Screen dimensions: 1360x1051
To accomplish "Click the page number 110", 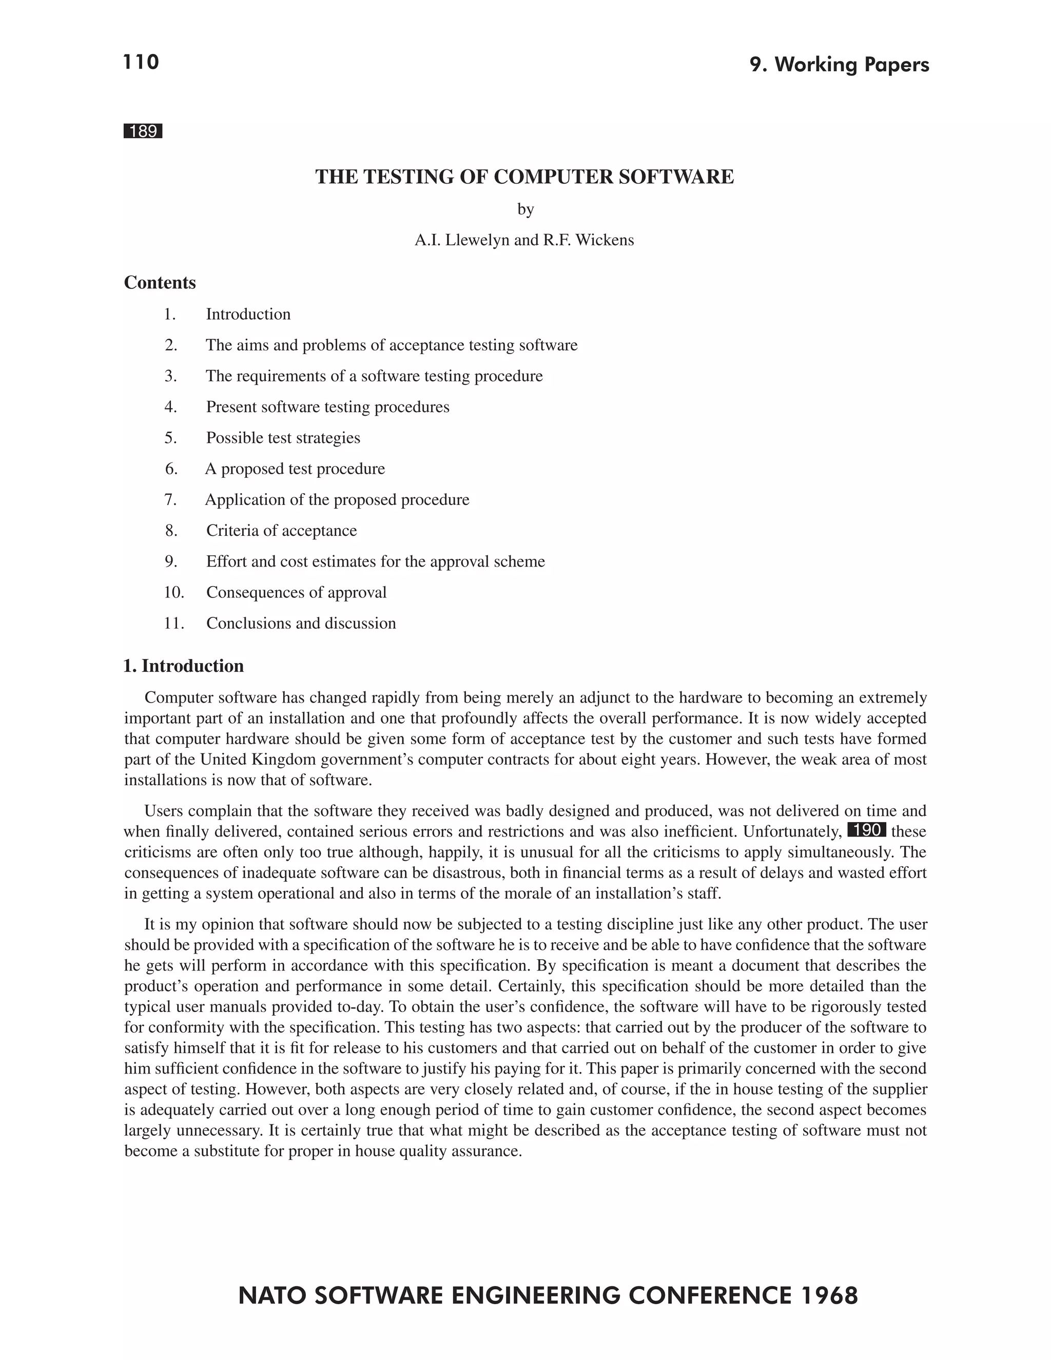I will click(x=141, y=62).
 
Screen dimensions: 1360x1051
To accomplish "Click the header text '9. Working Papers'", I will click(x=839, y=65).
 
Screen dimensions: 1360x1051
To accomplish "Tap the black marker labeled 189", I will click(x=143, y=131).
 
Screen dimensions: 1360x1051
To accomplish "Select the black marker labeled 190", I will click(x=867, y=830).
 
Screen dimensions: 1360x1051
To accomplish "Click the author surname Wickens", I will click(x=605, y=240).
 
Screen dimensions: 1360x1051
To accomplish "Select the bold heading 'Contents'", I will click(x=160, y=283).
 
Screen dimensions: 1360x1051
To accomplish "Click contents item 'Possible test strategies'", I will click(x=283, y=438).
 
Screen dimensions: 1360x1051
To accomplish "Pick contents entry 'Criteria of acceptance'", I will click(x=281, y=531).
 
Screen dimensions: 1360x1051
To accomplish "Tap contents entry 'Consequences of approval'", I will click(x=297, y=592).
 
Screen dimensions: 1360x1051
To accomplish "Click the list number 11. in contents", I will click(x=174, y=624).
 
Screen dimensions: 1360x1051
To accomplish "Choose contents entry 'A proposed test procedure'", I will click(x=295, y=469).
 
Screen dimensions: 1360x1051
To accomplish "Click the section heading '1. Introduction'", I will click(x=184, y=666).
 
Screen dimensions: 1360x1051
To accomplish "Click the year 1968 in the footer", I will click(x=829, y=1296).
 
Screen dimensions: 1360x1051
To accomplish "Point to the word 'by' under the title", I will click(x=525, y=210).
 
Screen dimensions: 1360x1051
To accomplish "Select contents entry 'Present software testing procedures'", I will click(x=327, y=407).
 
